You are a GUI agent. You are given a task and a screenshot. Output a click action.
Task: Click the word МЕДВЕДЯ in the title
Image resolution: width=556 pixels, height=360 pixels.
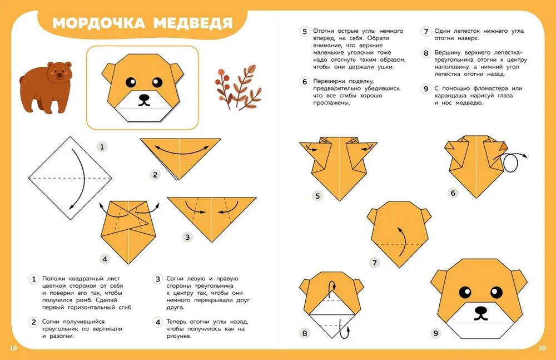(193, 23)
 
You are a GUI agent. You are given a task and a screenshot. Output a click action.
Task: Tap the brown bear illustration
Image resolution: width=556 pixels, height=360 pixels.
(46, 87)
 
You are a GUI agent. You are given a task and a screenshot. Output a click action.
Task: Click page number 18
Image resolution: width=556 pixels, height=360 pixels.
(13, 348)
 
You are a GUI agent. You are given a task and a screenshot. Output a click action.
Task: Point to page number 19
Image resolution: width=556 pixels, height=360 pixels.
(543, 348)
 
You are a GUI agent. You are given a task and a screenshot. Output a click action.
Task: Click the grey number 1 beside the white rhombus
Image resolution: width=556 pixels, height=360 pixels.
(102, 147)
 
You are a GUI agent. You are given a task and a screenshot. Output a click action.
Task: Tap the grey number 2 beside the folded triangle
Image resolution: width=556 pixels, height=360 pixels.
(155, 175)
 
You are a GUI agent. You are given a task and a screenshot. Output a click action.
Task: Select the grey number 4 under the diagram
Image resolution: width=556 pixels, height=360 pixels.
(105, 259)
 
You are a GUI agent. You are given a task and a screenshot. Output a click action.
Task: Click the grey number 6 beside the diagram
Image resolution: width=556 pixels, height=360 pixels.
(453, 193)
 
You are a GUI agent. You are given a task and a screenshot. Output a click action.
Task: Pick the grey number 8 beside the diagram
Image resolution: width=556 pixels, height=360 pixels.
(305, 333)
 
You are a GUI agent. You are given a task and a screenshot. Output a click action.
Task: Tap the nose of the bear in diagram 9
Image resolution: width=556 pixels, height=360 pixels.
(481, 309)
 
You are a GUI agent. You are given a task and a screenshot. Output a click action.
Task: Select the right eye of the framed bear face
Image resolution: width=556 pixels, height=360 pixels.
(157, 82)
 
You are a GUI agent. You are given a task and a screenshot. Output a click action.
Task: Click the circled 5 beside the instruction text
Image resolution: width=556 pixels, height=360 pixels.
(305, 31)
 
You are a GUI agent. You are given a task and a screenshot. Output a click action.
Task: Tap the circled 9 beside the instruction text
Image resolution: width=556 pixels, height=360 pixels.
(426, 88)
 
